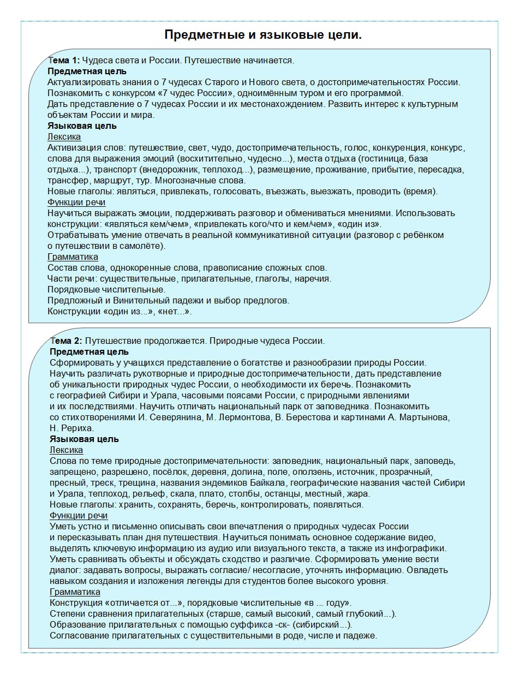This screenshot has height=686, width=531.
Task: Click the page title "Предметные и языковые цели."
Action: (263, 35)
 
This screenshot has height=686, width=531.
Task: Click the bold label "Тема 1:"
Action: (64, 61)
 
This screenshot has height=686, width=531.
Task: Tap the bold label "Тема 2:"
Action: (66, 341)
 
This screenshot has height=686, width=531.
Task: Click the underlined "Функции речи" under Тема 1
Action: (76, 202)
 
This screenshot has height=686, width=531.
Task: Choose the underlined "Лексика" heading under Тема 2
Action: (66, 450)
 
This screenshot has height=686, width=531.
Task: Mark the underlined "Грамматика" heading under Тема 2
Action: (75, 592)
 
